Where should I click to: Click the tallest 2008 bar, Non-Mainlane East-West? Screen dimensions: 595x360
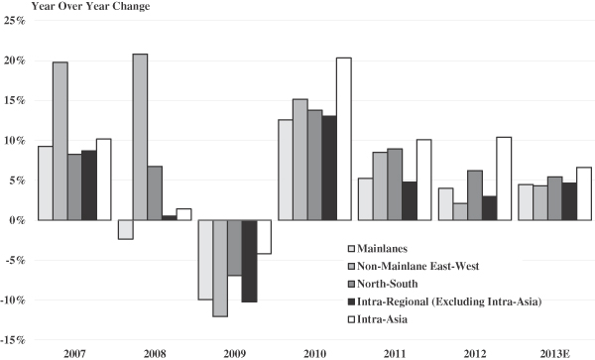(140, 137)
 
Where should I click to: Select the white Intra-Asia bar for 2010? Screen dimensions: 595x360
(344, 139)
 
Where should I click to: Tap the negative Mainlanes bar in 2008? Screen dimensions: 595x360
(126, 229)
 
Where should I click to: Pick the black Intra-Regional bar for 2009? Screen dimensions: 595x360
(249, 261)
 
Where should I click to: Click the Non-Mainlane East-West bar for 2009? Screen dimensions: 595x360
(220, 268)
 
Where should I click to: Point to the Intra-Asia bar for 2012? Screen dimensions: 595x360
(504, 179)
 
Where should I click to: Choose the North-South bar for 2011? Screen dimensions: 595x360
(395, 184)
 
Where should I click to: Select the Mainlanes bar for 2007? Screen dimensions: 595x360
(46, 183)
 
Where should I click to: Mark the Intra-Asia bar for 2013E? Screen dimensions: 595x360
(584, 193)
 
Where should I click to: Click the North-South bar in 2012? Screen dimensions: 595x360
(475, 195)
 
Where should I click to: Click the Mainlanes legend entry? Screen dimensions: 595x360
(378, 249)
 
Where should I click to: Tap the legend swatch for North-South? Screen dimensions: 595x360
(351, 284)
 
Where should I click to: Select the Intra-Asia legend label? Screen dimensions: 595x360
(382, 319)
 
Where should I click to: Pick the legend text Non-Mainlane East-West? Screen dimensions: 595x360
(418, 267)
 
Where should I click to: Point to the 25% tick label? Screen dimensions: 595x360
(15, 21)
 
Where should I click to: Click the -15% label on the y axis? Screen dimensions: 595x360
(13, 340)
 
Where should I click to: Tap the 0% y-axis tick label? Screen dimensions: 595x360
(18, 220)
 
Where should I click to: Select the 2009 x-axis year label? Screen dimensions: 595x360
(234, 354)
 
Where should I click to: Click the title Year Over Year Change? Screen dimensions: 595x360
(90, 6)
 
